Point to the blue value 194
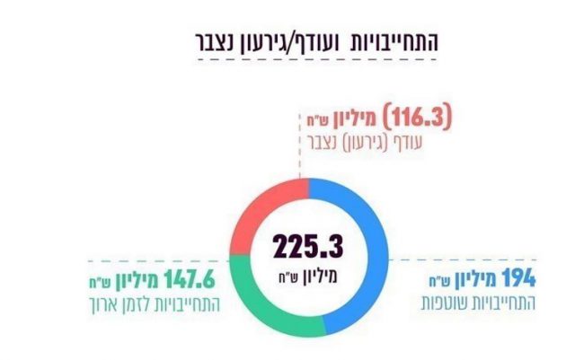point(517,277)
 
